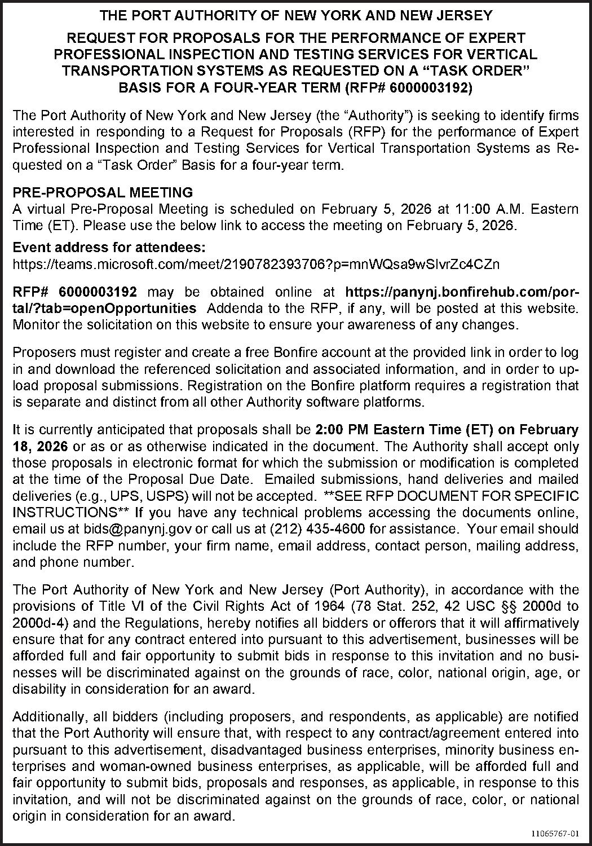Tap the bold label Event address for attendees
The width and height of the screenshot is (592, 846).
click(109, 248)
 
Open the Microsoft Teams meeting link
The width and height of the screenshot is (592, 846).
click(256, 264)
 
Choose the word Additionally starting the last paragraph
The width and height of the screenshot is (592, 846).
click(47, 717)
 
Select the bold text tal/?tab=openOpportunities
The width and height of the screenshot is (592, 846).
click(105, 309)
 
